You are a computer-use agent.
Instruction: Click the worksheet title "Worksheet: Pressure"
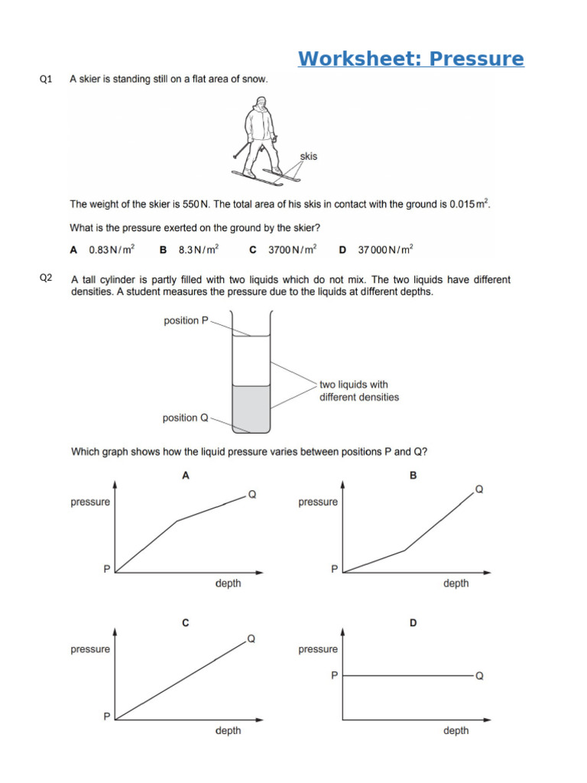410,59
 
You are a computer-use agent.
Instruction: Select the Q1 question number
46,79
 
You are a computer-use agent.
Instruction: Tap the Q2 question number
46,278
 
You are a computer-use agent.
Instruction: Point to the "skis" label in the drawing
308,157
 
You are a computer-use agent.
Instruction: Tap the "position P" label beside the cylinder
186,320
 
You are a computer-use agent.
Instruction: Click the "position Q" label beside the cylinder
186,417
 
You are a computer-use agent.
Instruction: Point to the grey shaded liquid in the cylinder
251,408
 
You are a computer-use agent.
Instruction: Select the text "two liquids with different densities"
358,391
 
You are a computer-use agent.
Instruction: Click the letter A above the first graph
185,476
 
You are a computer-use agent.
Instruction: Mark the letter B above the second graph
413,476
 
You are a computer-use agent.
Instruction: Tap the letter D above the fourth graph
413,623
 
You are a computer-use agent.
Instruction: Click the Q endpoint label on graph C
251,638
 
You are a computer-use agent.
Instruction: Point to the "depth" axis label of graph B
456,583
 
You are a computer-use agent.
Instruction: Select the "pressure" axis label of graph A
90,502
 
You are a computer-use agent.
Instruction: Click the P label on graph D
334,675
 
